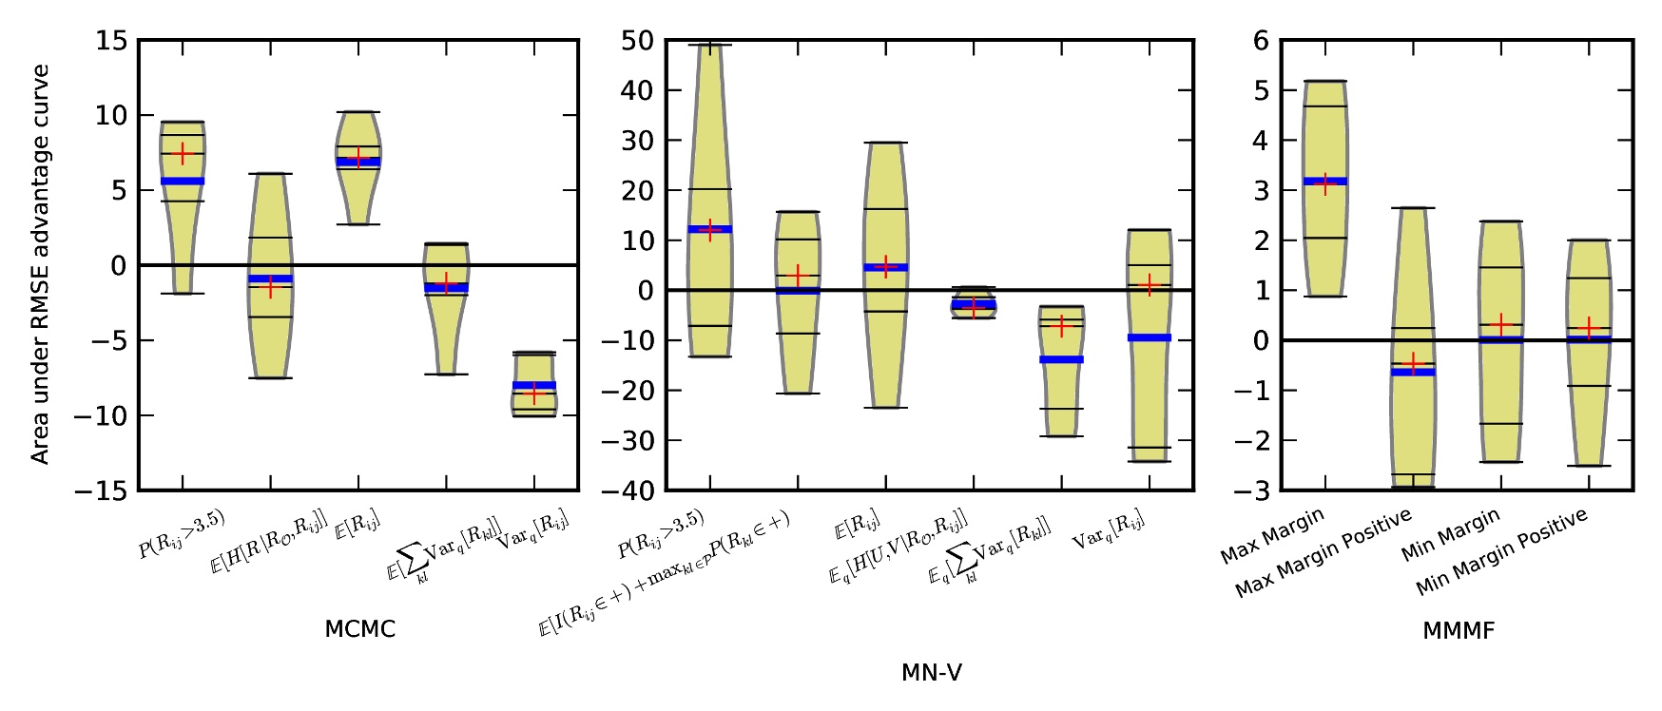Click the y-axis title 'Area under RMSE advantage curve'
pyautogui.click(x=40, y=265)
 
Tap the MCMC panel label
pyautogui.click(x=359, y=629)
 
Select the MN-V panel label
pyautogui.click(x=931, y=673)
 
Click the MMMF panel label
pyautogui.click(x=1458, y=630)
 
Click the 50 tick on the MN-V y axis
pyautogui.click(x=636, y=41)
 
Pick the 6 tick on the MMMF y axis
pyautogui.click(x=1261, y=41)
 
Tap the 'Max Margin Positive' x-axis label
pyautogui.click(x=1323, y=555)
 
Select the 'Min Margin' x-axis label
pyautogui.click(x=1450, y=535)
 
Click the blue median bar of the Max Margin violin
pyautogui.click(x=1325, y=181)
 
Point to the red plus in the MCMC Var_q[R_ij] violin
pyautogui.click(x=534, y=393)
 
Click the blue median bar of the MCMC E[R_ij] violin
pyautogui.click(x=358, y=162)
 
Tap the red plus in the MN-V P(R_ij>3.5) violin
pyautogui.click(x=710, y=229)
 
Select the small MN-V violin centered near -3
pyautogui.click(x=973, y=302)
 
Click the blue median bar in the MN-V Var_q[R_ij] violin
pyautogui.click(x=1150, y=337)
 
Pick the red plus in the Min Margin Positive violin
pyautogui.click(x=1588, y=328)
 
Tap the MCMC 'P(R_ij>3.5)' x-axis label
pyautogui.click(x=182, y=533)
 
